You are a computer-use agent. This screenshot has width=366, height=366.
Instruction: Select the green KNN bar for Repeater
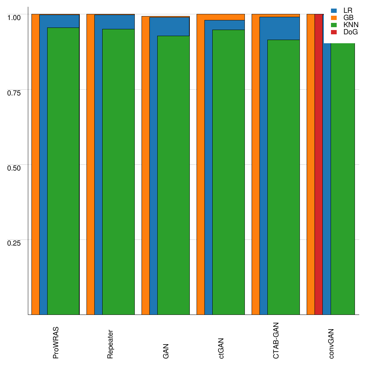tap(118, 172)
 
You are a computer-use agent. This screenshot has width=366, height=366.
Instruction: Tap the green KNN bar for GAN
tap(173, 175)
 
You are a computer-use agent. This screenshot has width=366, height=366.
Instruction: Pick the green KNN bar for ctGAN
tap(228, 172)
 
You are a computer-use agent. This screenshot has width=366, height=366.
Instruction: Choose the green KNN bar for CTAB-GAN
tap(283, 177)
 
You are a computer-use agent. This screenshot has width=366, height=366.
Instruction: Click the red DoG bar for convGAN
tap(319, 164)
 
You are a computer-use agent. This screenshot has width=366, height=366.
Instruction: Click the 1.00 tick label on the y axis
tap(14, 17)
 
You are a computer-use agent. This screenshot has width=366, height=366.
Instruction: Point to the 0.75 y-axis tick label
tap(14, 93)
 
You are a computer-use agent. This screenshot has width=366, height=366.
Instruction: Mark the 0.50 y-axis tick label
tap(14, 168)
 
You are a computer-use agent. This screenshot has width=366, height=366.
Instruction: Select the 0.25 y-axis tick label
tap(14, 243)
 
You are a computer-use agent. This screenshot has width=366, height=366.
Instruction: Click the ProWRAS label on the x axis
tap(56, 342)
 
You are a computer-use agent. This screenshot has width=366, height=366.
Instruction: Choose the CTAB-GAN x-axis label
tap(276, 340)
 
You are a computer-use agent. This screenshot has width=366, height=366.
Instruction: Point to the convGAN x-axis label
tap(331, 343)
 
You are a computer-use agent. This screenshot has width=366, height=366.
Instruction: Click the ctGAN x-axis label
tap(221, 348)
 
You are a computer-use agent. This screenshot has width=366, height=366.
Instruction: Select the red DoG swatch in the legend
tap(334, 32)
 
